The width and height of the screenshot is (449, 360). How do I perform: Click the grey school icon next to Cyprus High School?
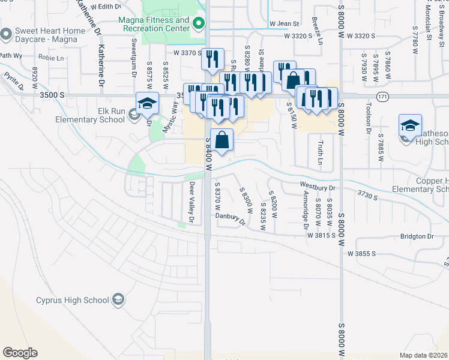(118, 299)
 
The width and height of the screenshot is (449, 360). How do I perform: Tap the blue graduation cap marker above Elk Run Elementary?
(147, 104)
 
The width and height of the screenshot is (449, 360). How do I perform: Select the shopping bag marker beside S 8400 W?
(222, 140)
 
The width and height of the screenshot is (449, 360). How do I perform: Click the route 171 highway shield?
(382, 96)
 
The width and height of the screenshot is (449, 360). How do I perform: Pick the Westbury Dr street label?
(318, 187)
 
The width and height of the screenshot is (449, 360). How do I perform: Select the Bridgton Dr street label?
(417, 236)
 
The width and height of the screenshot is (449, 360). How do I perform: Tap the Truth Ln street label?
(320, 153)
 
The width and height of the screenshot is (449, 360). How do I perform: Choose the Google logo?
(20, 353)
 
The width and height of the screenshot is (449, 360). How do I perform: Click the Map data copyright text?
(424, 355)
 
